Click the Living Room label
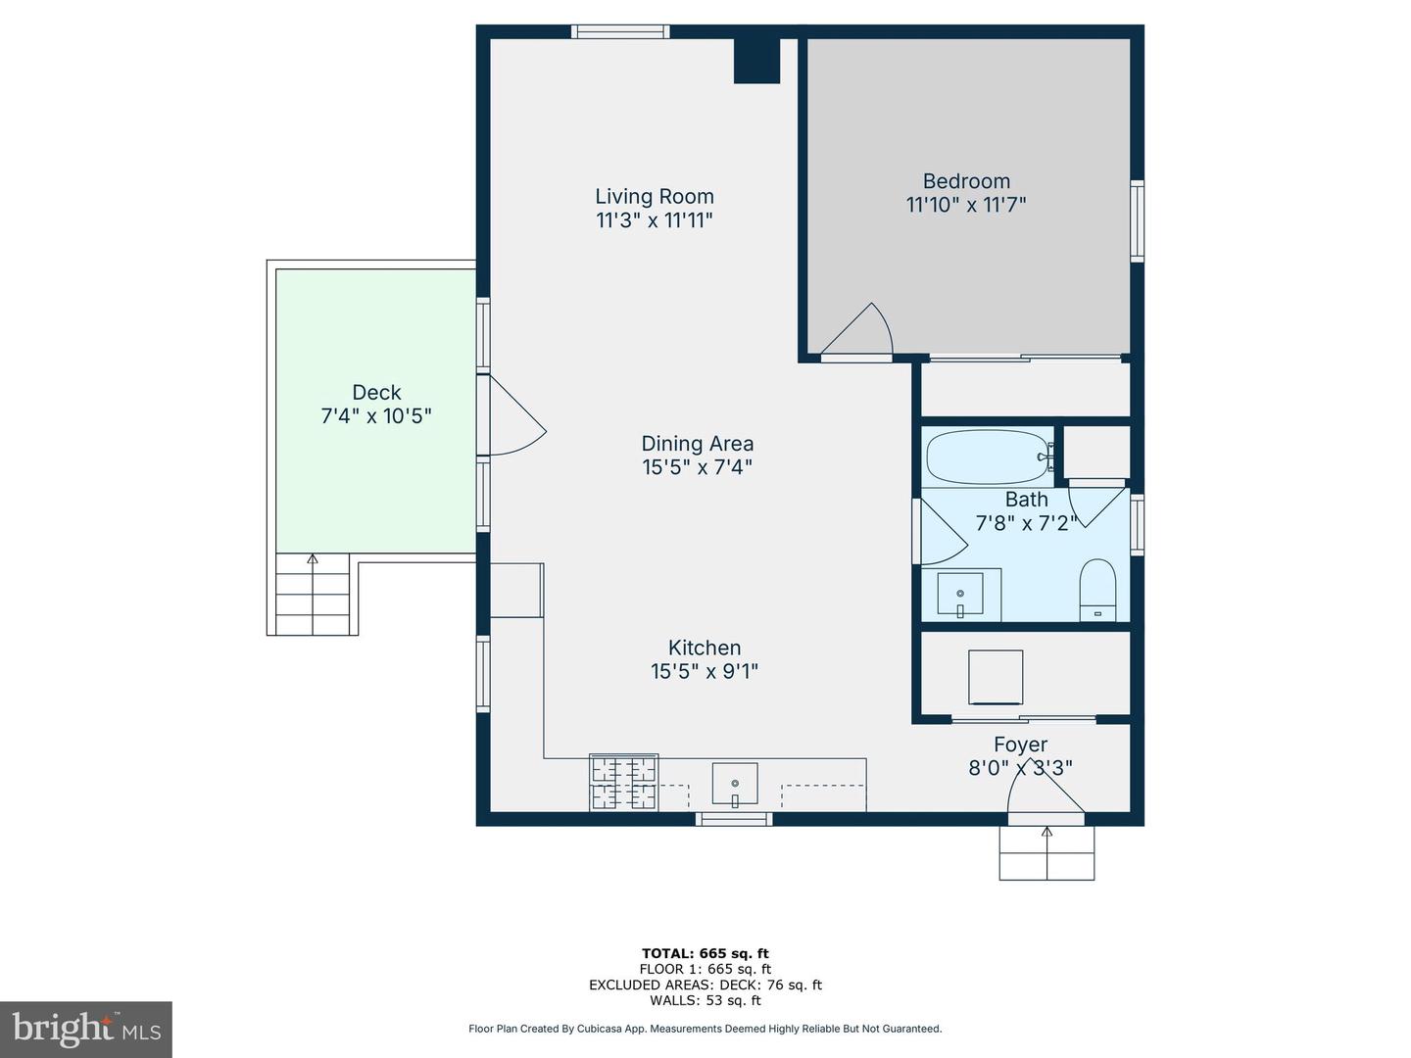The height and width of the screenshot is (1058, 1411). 655,196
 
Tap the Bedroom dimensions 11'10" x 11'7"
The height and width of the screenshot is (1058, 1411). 966,205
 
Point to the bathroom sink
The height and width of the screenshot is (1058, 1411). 960,595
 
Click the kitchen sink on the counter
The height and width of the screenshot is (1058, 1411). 735,784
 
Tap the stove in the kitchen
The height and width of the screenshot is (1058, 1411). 623,783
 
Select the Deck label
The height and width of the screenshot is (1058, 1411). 376,392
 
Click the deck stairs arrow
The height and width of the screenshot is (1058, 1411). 313,560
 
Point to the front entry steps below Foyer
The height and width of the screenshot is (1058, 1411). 1046,852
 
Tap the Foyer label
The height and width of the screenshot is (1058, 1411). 1020,745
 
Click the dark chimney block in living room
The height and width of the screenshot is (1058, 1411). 756,61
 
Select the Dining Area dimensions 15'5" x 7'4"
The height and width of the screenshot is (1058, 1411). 697,467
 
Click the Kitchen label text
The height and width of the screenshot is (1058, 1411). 704,648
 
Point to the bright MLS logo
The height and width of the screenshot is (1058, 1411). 86,1029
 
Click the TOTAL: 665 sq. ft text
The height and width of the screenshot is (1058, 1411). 705,953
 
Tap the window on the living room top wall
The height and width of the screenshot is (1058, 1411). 620,31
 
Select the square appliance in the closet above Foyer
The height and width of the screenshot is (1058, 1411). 996,677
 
